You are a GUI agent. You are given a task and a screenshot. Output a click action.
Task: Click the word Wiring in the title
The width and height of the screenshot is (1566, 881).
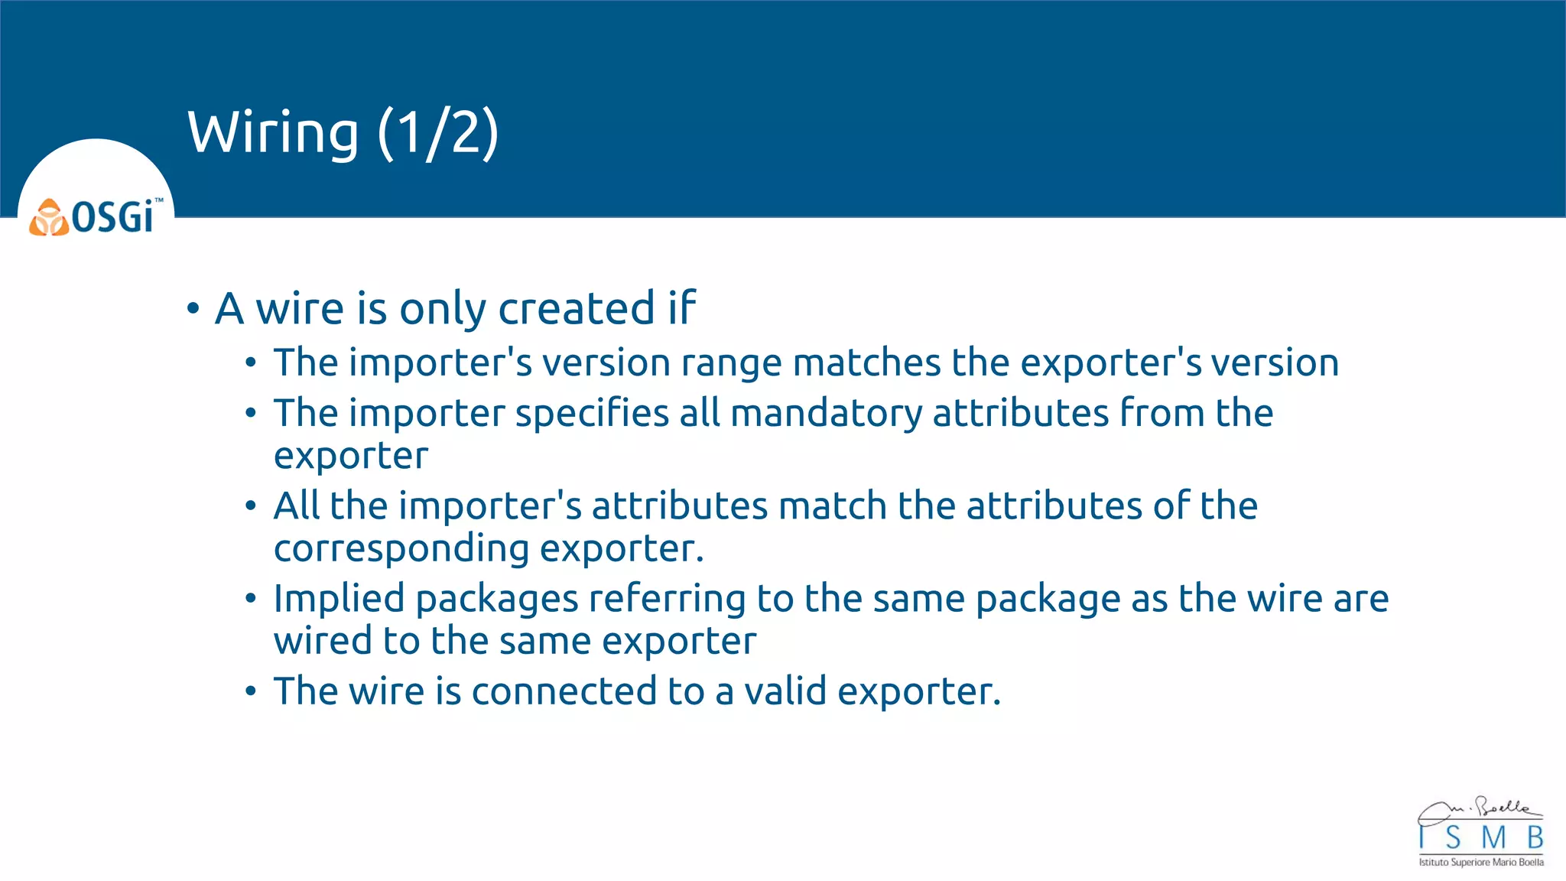pyautogui.click(x=273, y=133)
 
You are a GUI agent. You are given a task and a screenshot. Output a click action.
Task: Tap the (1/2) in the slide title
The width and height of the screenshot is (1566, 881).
pyautogui.click(x=438, y=133)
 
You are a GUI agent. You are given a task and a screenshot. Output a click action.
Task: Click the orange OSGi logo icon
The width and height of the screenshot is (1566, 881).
pyautogui.click(x=49, y=218)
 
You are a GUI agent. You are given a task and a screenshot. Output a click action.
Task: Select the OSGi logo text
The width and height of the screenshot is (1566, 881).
pyautogui.click(x=113, y=217)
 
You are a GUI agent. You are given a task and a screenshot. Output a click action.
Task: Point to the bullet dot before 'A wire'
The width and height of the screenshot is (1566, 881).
pyautogui.click(x=193, y=309)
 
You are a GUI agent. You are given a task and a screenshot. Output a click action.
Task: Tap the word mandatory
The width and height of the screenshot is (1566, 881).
pyautogui.click(x=826, y=414)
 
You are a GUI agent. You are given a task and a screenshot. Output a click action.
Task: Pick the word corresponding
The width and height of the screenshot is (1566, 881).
pyautogui.click(x=401, y=549)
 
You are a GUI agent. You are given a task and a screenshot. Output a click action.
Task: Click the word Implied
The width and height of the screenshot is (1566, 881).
pyautogui.click(x=339, y=598)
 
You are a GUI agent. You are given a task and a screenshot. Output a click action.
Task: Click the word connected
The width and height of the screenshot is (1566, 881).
pyautogui.click(x=564, y=691)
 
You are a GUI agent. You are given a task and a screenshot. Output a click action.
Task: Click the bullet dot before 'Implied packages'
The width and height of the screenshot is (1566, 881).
pyautogui.click(x=251, y=599)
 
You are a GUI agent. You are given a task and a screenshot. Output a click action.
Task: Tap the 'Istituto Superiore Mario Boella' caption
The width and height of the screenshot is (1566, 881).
pyautogui.click(x=1481, y=863)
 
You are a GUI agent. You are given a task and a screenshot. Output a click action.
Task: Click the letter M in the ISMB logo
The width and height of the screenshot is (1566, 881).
pyautogui.click(x=1493, y=838)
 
